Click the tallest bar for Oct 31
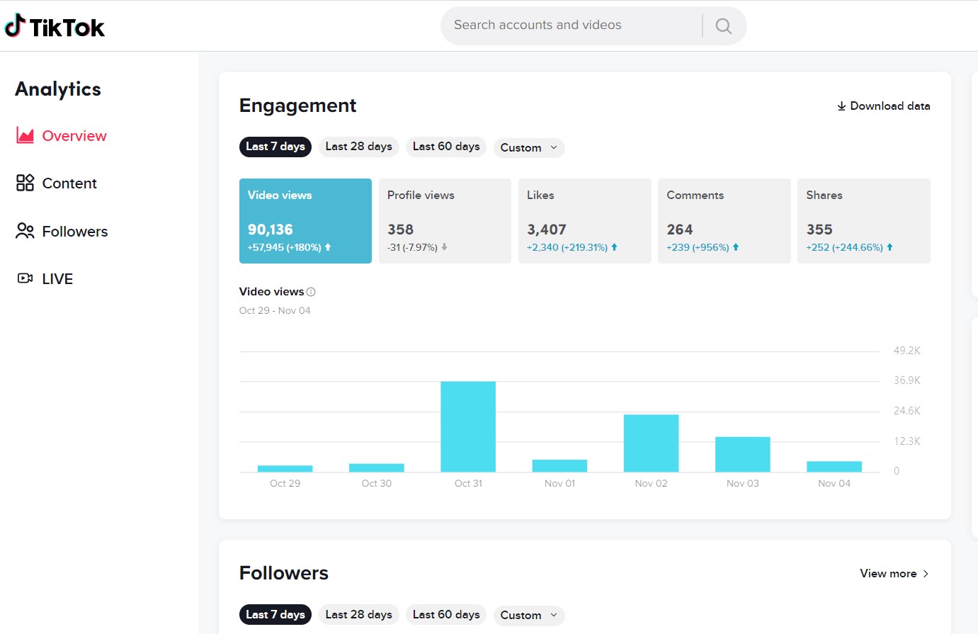click(x=468, y=426)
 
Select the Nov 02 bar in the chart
click(x=651, y=443)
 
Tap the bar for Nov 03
click(x=743, y=454)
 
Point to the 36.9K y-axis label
click(x=907, y=380)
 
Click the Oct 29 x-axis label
click(x=285, y=483)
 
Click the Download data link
click(x=884, y=106)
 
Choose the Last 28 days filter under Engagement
click(x=359, y=147)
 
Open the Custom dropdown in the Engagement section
click(x=529, y=147)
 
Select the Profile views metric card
click(x=445, y=221)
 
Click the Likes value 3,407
click(x=547, y=230)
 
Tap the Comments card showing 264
click(x=724, y=221)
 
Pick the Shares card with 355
click(x=864, y=221)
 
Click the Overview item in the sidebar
click(x=62, y=136)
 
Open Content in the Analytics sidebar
click(x=57, y=183)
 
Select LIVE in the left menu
click(x=45, y=278)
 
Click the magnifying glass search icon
click(x=724, y=26)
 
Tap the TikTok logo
click(x=55, y=26)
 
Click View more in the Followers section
click(x=894, y=573)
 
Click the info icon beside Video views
click(x=311, y=292)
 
